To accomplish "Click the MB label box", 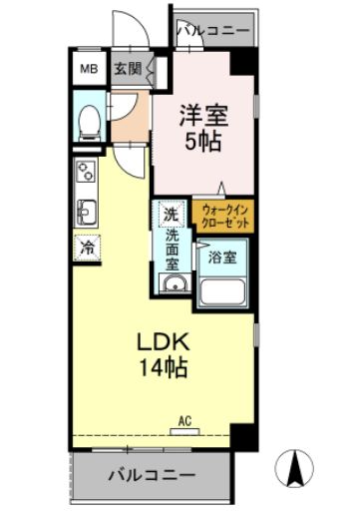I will click(89, 69).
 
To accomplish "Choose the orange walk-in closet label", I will click(223, 217).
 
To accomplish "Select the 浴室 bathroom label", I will click(222, 257).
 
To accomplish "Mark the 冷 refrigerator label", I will click(87, 247).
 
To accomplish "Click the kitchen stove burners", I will click(84, 175).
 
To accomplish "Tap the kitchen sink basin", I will click(85, 211).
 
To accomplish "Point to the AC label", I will click(185, 422).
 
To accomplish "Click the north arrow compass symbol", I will click(295, 468).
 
